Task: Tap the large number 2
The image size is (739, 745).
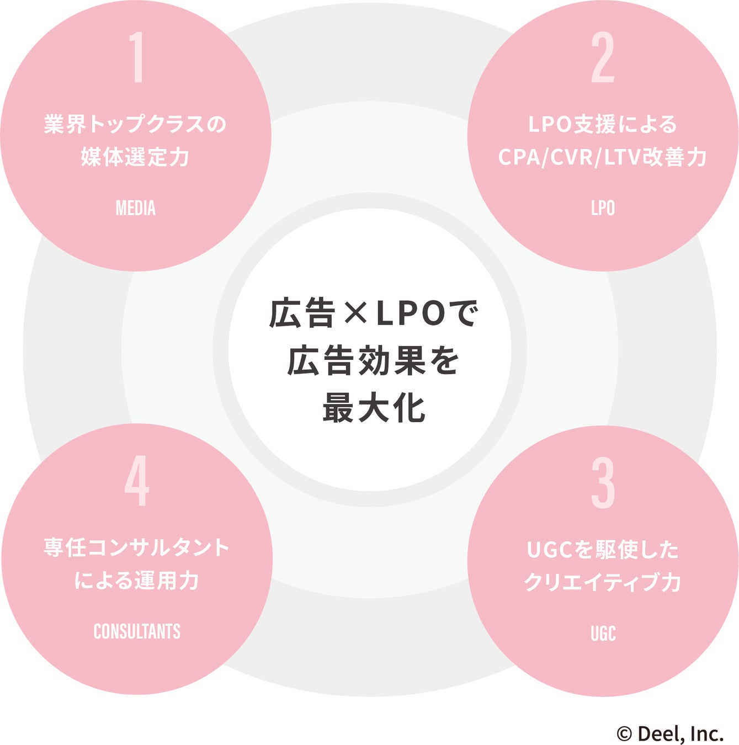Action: tap(603, 57)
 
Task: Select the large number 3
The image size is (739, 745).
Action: tap(603, 483)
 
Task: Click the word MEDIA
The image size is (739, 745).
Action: tap(136, 208)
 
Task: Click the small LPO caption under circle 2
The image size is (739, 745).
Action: tap(603, 208)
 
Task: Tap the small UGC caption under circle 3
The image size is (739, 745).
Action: tap(603, 634)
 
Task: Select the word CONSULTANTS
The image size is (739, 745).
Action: tap(137, 631)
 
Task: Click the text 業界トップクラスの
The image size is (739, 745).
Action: tap(136, 124)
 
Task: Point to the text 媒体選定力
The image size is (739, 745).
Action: tap(136, 157)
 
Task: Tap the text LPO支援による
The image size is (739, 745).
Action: tap(603, 124)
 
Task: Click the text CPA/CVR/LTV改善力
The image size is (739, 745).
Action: tap(603, 157)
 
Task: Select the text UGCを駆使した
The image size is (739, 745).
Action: tap(603, 550)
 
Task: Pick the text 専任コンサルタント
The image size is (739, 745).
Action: tap(137, 547)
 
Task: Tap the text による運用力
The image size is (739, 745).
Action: tap(137, 581)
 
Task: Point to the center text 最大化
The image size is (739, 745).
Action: tap(374, 408)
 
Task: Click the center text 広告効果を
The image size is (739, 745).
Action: tap(374, 361)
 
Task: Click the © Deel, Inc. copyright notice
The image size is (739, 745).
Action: tap(670, 734)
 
